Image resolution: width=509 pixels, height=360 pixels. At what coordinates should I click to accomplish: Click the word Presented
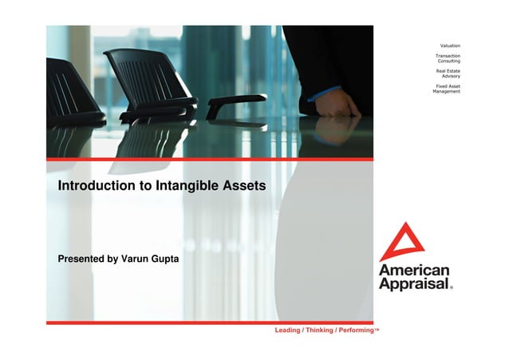tap(82, 259)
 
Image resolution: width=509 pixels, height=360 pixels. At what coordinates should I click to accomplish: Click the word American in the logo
tap(413, 271)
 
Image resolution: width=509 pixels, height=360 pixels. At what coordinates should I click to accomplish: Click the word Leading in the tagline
tap(287, 330)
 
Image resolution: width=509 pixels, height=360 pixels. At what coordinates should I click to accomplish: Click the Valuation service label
tap(450, 45)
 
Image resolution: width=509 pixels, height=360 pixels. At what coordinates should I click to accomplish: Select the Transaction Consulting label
tap(448, 58)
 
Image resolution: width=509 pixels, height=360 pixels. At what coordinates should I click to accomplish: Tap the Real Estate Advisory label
tap(448, 73)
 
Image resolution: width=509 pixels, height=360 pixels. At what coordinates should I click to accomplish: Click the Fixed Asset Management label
tap(447, 89)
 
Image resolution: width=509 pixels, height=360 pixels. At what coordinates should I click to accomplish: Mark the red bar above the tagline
tap(209, 322)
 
